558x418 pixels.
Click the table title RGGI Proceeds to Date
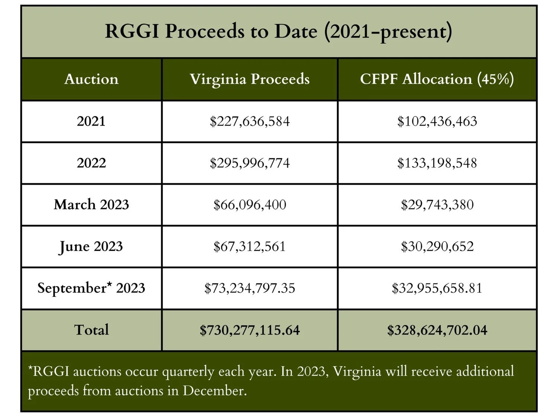278,31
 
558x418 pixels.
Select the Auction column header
92,79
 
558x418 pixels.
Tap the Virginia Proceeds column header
250,79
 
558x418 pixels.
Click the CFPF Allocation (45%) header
437,79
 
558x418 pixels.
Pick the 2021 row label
91,121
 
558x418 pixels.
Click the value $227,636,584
250,121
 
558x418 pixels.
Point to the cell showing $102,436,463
437,121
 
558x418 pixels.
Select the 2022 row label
91,163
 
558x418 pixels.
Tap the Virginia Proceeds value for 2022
250,163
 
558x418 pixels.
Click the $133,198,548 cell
437,163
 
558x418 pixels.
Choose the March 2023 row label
91,205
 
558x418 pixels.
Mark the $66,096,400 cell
250,205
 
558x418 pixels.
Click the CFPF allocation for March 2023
437,205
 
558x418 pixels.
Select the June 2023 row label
91,247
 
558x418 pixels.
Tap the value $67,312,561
250,247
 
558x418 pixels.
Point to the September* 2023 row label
91,288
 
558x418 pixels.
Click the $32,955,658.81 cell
437,288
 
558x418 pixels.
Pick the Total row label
92,330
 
